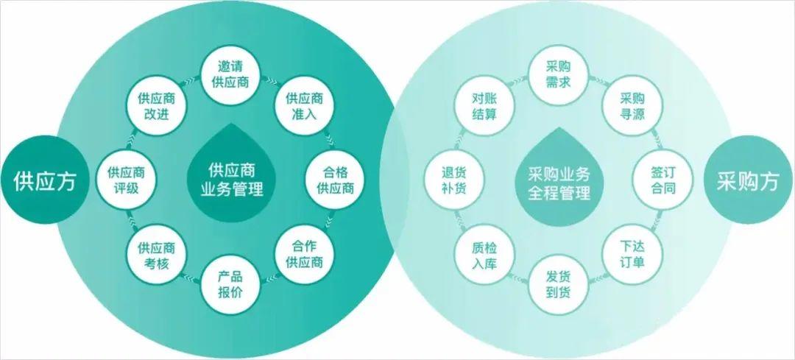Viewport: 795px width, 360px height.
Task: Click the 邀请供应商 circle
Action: [230, 75]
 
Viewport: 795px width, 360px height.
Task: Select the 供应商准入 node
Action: [304, 106]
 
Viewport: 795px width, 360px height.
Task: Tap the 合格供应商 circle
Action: [335, 180]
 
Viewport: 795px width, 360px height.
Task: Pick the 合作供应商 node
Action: [304, 255]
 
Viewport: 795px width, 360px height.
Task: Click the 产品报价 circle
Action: [230, 285]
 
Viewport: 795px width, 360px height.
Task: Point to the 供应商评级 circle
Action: [127, 180]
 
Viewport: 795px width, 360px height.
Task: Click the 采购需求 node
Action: [558, 75]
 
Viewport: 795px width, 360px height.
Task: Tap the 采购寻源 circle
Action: [632, 106]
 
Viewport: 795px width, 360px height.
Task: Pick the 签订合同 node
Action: [662, 180]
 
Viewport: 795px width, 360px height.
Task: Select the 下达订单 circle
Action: [632, 255]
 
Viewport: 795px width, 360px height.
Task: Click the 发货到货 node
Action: [558, 285]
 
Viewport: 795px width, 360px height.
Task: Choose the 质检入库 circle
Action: [484, 255]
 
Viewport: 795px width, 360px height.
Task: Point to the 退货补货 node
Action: [453, 180]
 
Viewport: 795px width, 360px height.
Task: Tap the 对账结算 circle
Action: [484, 106]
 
